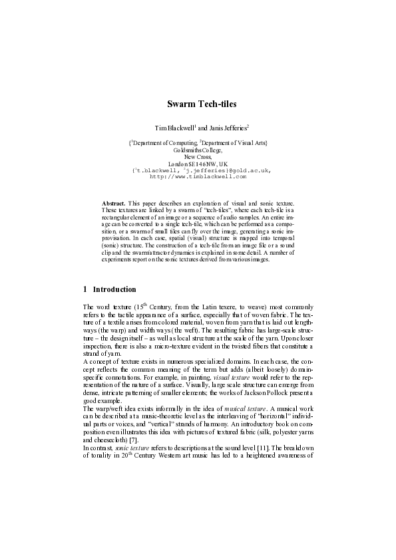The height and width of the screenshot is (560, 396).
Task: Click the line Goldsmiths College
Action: [198, 150]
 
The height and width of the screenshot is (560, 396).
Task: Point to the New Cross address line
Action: [198, 157]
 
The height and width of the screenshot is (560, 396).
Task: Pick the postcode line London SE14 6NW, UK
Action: [198, 164]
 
